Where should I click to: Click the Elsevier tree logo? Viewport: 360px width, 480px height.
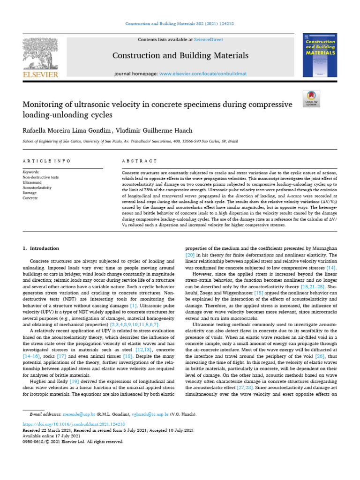[40, 52]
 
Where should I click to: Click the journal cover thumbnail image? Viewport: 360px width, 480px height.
[320, 55]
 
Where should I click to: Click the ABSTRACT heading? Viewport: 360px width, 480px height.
[139, 161]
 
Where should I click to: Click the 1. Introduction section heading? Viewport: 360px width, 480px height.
[41, 248]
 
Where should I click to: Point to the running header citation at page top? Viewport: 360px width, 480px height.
[180, 24]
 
